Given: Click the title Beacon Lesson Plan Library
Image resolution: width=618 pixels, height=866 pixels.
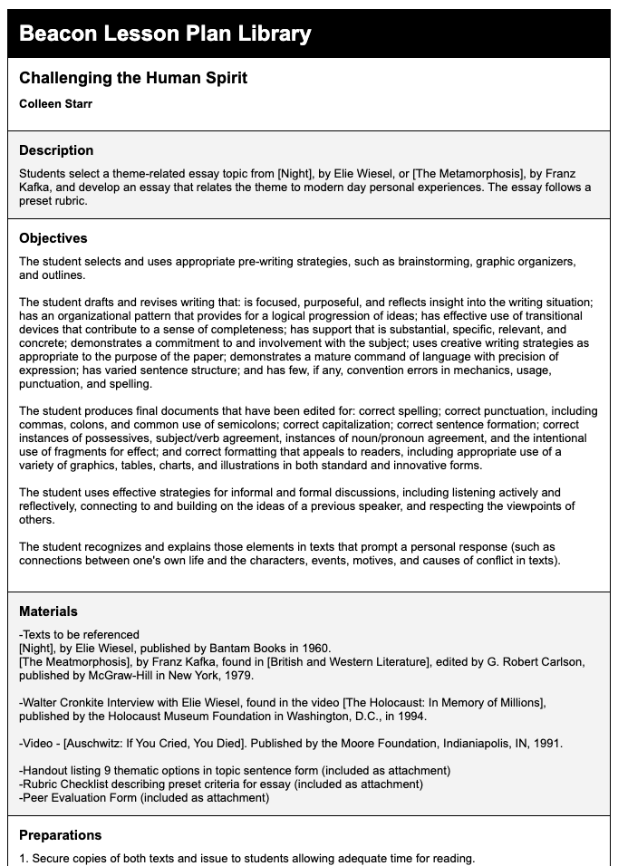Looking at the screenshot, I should (165, 34).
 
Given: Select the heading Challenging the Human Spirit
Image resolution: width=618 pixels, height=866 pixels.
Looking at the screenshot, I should (133, 78).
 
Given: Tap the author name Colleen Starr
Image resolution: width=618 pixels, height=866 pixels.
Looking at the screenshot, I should (55, 103).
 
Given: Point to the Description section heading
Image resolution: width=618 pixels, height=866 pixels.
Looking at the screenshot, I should (56, 150).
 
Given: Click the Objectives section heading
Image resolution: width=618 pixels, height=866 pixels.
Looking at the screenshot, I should (53, 238).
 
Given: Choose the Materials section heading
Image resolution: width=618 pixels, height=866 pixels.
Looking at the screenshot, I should (48, 611).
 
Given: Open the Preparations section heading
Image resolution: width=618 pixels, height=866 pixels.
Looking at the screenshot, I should (60, 835).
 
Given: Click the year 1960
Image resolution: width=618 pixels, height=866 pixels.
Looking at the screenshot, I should (313, 648).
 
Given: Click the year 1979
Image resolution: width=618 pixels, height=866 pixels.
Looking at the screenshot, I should (237, 675).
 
